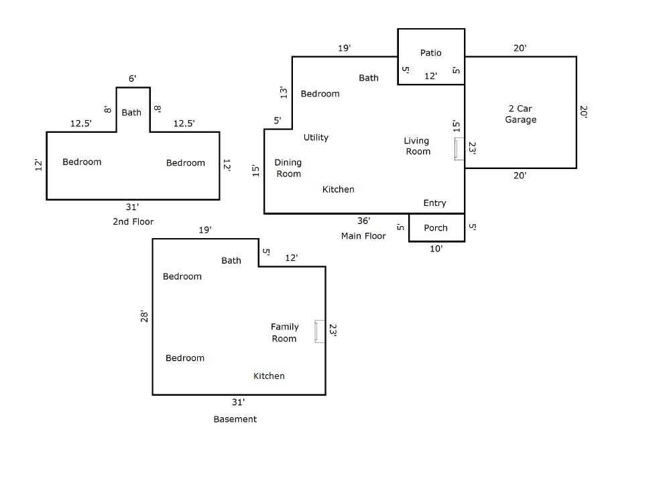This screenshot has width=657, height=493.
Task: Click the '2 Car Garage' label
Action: (x=521, y=114)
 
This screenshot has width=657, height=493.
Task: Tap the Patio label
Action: (x=431, y=53)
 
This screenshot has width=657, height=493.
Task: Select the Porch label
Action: (x=436, y=228)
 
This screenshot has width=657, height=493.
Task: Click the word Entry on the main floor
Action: (x=434, y=203)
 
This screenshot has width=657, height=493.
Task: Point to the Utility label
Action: (x=316, y=138)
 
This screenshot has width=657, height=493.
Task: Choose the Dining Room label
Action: (x=288, y=168)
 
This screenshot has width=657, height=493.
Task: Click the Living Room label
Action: (x=417, y=146)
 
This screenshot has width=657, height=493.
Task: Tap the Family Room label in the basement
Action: (x=284, y=333)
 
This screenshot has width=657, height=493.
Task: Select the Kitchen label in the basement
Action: (x=269, y=376)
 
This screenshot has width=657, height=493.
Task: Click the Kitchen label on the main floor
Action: (x=339, y=190)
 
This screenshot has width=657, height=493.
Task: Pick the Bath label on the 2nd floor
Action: (x=131, y=113)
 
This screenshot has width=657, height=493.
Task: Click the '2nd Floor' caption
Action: (x=133, y=221)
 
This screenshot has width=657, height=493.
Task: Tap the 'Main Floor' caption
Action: (x=363, y=236)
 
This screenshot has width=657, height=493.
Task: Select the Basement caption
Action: (x=235, y=419)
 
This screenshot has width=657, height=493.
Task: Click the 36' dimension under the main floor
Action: (x=363, y=221)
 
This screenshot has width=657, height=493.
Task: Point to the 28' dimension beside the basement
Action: (x=144, y=316)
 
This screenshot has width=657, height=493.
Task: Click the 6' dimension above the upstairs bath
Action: (x=133, y=78)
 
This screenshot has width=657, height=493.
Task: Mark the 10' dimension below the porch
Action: (x=436, y=249)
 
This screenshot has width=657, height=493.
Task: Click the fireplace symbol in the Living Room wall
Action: (x=459, y=149)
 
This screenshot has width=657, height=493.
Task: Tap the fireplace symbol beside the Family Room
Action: (x=320, y=331)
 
